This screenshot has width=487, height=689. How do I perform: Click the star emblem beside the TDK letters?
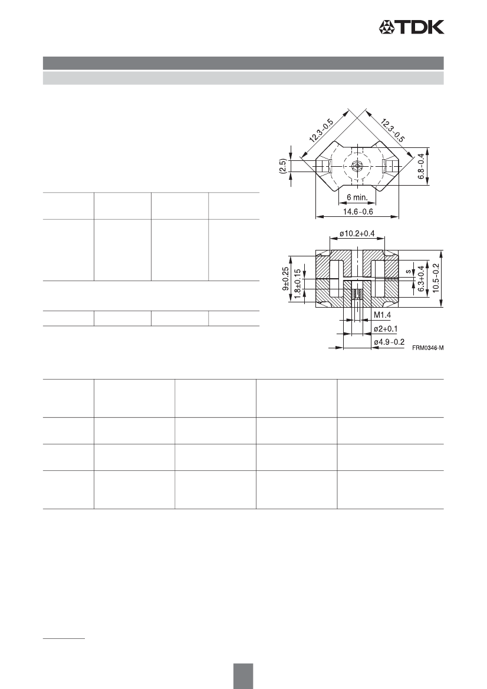388,27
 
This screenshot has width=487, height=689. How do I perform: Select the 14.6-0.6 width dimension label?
357,212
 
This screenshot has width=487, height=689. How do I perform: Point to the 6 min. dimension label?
357,197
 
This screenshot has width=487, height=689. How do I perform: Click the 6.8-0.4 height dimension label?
421,166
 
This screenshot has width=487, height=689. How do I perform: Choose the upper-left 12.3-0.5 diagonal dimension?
321,130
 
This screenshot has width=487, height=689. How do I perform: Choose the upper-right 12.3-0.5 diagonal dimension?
393,130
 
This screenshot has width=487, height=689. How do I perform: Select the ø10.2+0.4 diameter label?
357,233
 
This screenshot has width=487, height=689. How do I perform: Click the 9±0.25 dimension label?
285,279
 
